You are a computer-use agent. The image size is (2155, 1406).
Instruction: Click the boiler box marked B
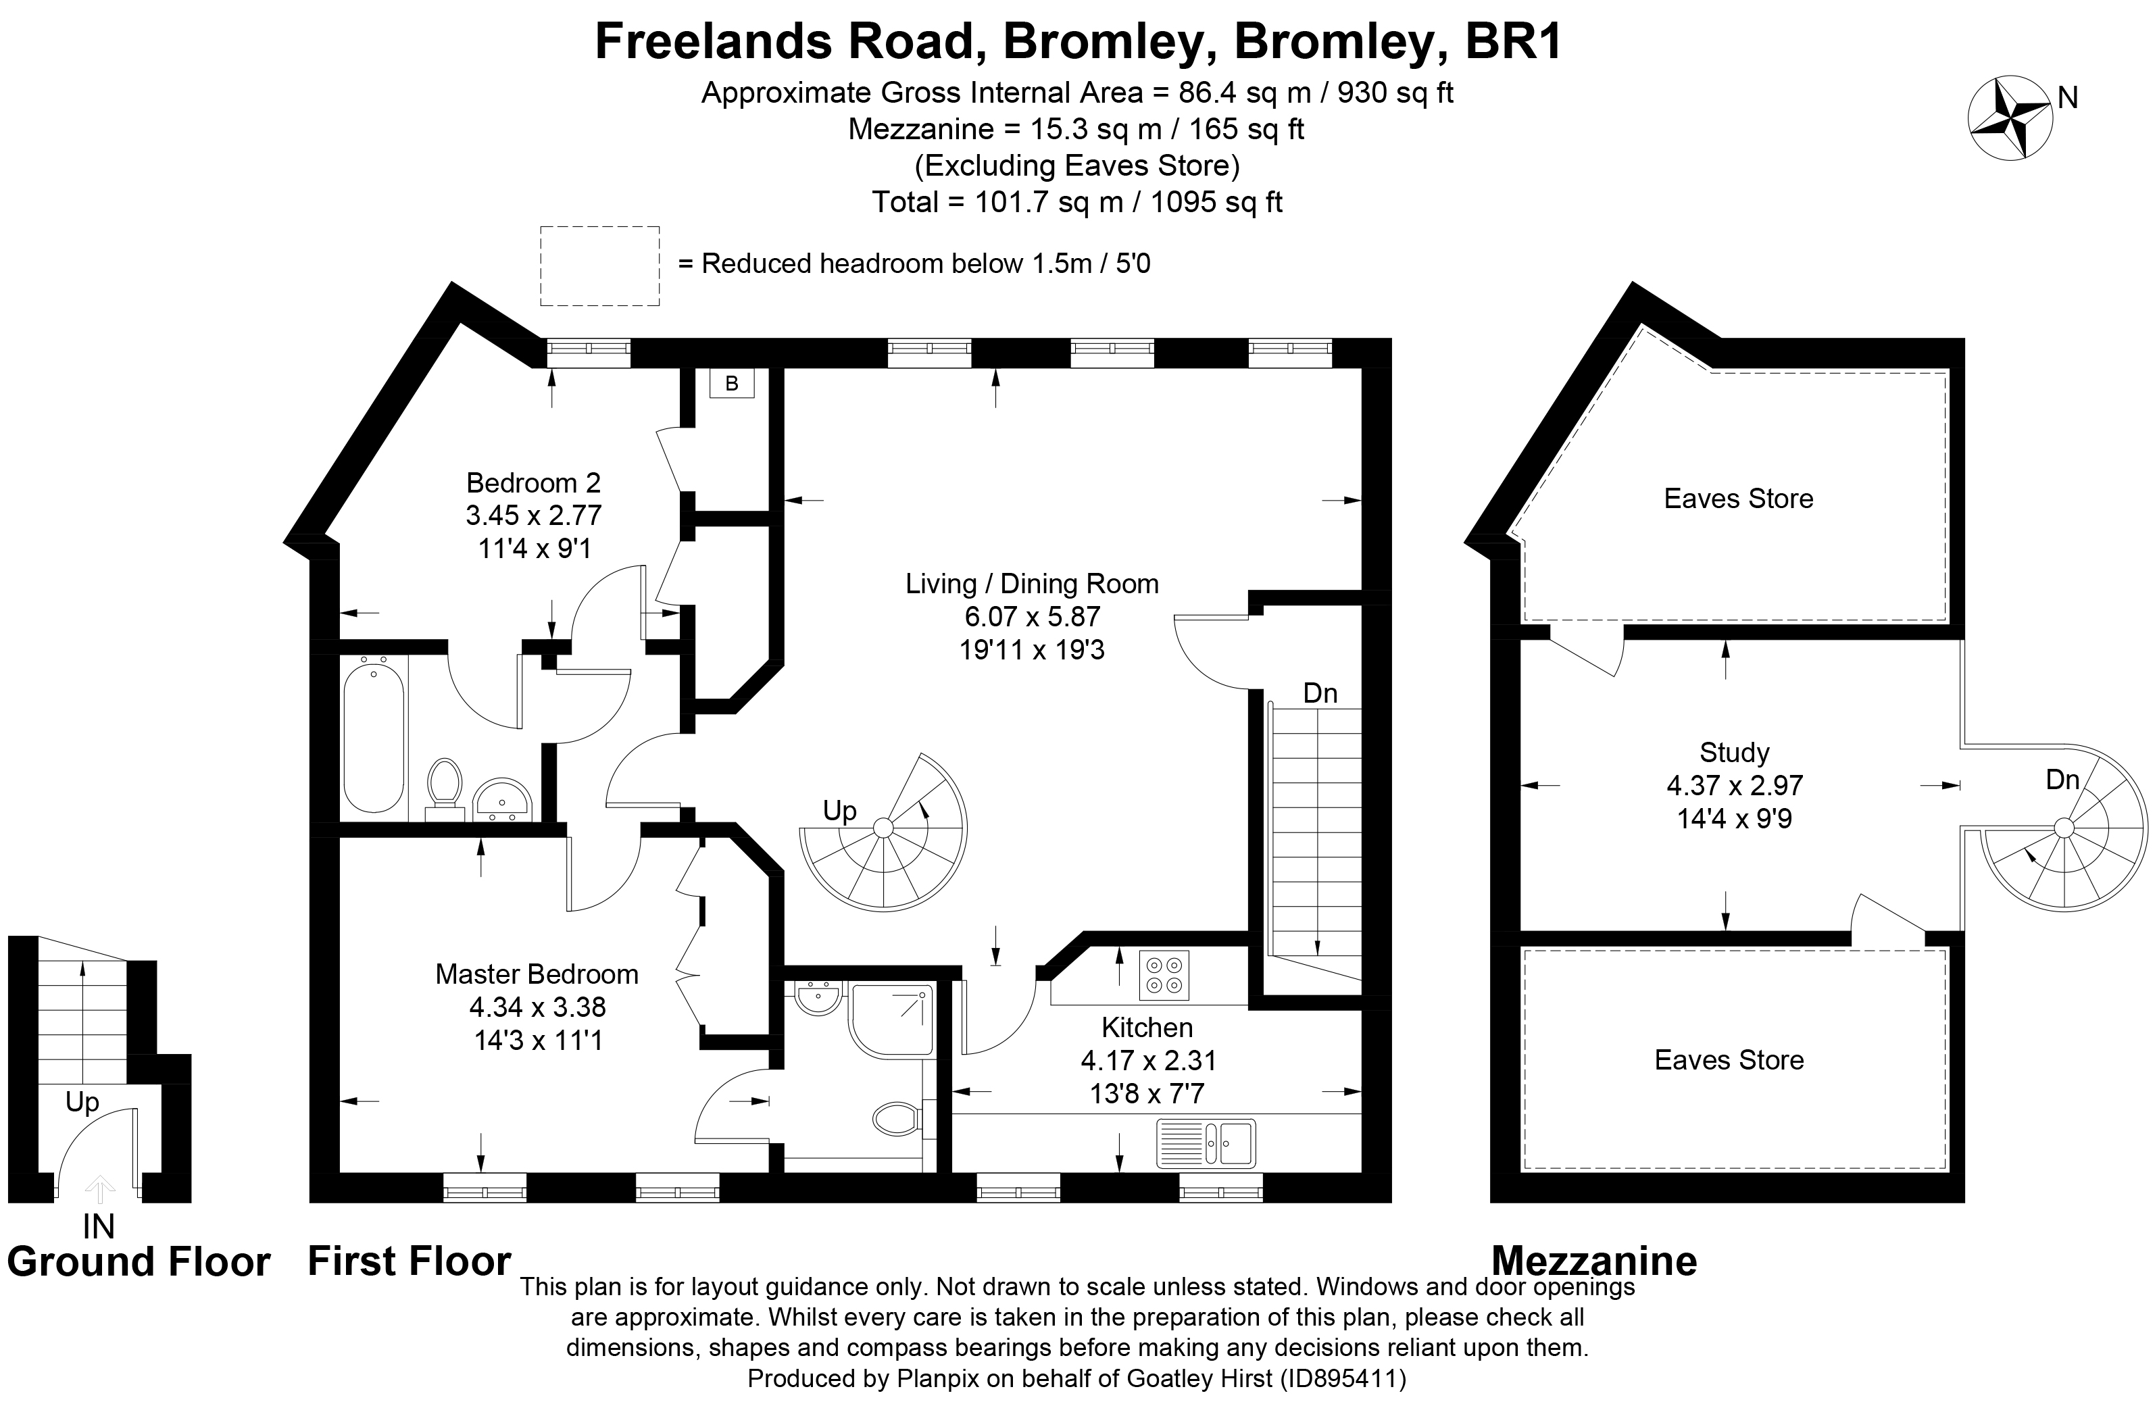(x=732, y=384)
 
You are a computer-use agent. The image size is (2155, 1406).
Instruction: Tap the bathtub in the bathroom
(x=373, y=738)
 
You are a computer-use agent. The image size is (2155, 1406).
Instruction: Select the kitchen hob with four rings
(x=1164, y=975)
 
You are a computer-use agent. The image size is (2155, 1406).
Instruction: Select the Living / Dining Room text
(x=1033, y=584)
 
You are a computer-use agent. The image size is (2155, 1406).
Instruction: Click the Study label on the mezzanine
(x=1734, y=753)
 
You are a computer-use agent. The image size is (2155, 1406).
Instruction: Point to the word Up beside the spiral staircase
(x=839, y=810)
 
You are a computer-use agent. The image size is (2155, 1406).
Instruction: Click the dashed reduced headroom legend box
(x=599, y=266)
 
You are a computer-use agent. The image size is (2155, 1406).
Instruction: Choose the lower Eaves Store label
(x=1729, y=1060)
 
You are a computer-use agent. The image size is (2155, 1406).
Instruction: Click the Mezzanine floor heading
(x=1593, y=1261)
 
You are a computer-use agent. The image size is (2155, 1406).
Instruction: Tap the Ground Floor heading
(x=139, y=1262)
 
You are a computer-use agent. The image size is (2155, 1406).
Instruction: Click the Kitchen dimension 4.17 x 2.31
(x=1147, y=1060)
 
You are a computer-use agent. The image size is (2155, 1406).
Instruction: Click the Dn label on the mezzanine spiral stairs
(x=2062, y=780)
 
